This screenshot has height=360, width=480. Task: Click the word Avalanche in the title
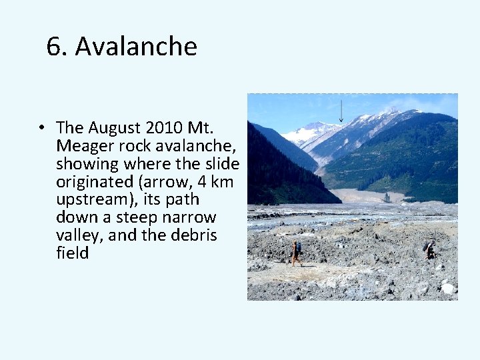click(x=136, y=47)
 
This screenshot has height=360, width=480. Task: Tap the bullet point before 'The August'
click(x=41, y=127)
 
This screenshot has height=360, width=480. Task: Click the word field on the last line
click(x=73, y=253)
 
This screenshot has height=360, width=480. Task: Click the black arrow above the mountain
click(x=341, y=111)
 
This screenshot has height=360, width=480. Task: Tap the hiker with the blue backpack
click(x=295, y=252)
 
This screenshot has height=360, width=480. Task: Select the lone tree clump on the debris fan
click(x=387, y=197)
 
